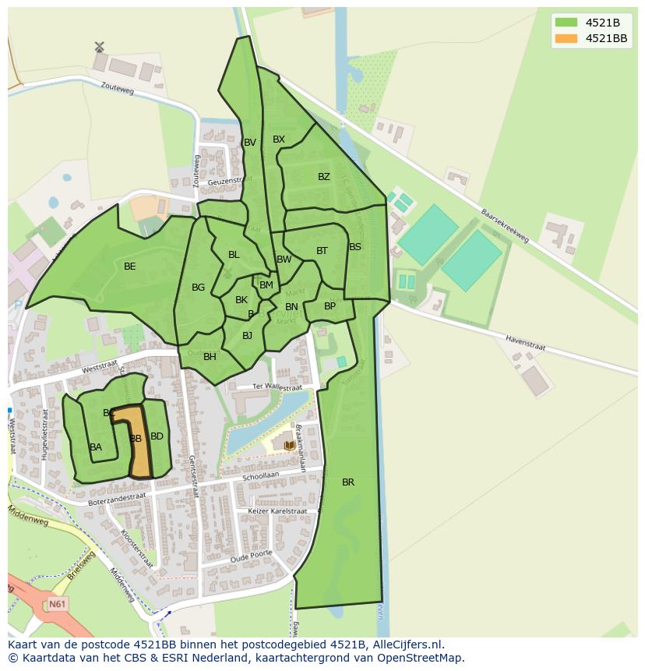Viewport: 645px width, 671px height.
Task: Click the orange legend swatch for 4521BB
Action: pos(566,38)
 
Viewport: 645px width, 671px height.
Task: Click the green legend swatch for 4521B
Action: pos(566,22)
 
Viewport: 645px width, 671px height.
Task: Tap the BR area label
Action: pos(348,482)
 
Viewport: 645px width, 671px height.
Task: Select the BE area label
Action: pos(130,267)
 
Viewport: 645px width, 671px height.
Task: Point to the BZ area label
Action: pos(324,177)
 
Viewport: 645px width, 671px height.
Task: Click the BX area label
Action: pos(279,139)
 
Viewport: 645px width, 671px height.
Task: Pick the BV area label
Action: pos(250,143)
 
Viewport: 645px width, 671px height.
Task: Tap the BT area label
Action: pos(322,251)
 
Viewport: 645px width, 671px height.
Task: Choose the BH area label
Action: pos(210,357)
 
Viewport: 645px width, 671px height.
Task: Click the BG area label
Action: pos(199,288)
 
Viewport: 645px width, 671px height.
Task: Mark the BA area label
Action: pos(96,447)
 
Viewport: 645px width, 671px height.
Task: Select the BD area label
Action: pos(157,436)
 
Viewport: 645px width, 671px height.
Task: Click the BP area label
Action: pos(330,306)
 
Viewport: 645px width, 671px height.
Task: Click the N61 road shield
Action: pos(56,604)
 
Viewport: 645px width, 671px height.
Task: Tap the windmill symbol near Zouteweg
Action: pos(99,48)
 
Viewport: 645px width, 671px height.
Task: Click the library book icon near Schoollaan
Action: pos(290,445)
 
